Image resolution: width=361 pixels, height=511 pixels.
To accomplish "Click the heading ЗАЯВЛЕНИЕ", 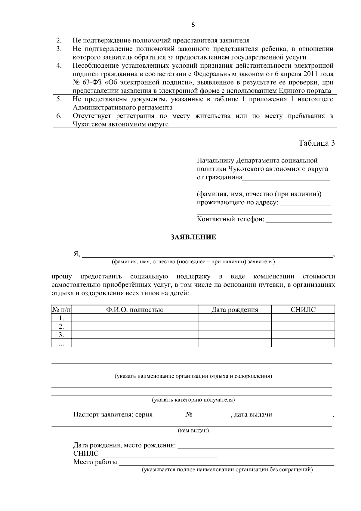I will (x=193, y=237).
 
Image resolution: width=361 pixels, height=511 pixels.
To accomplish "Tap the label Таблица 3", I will (x=316, y=143).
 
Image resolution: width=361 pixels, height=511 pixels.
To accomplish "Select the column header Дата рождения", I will (x=235, y=310).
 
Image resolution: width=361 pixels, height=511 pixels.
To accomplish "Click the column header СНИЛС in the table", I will (x=303, y=310).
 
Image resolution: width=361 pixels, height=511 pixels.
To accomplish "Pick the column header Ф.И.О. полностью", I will (x=135, y=310).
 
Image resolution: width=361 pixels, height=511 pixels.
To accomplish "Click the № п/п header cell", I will (x=61, y=310).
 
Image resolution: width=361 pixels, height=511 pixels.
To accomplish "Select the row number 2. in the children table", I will (x=61, y=326).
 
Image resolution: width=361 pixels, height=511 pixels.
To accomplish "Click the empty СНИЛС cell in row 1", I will (x=303, y=318).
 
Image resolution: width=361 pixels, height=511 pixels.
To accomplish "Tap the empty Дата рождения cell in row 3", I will (x=235, y=335).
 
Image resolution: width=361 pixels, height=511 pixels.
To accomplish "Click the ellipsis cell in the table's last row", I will (x=61, y=343).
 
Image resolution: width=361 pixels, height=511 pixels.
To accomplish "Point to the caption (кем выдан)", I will (x=193, y=431).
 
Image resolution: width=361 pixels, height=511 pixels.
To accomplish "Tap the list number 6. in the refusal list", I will (x=59, y=116).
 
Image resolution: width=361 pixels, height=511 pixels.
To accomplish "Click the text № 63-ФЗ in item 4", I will (x=85, y=82).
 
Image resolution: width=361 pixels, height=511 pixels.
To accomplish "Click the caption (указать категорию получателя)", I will (x=193, y=400).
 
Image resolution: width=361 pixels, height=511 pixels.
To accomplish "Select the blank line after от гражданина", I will (x=286, y=178).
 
